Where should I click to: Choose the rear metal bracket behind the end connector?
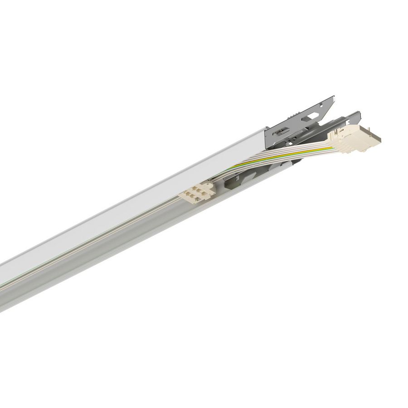345,119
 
